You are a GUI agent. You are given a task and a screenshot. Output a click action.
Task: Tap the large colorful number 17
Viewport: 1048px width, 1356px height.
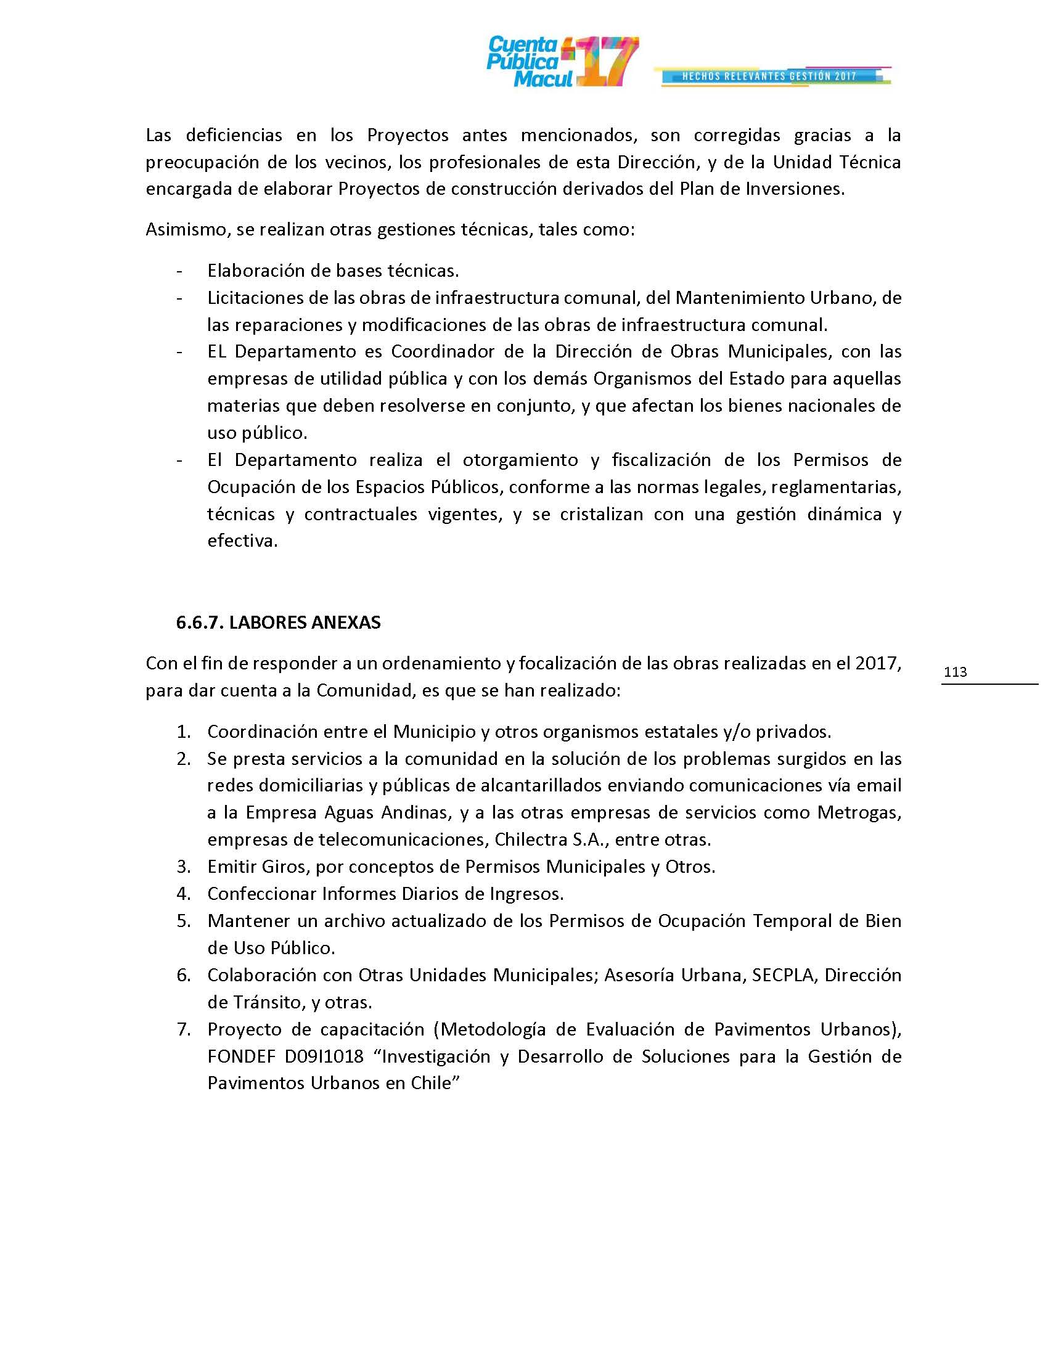605,62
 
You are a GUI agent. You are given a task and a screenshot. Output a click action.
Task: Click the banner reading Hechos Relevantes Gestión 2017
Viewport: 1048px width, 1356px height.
769,76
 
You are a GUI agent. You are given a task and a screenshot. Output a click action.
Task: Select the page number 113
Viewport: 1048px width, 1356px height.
955,672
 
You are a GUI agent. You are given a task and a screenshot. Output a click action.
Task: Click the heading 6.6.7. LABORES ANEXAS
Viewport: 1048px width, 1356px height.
278,623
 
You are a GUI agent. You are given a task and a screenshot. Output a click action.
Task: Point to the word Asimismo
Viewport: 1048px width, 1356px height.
181,230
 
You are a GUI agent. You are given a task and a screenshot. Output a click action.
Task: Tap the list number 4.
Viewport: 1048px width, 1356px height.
183,894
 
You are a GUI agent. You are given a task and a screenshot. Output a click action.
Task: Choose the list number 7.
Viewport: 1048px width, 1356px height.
183,1029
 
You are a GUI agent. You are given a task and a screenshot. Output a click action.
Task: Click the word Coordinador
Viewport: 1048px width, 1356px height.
442,352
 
